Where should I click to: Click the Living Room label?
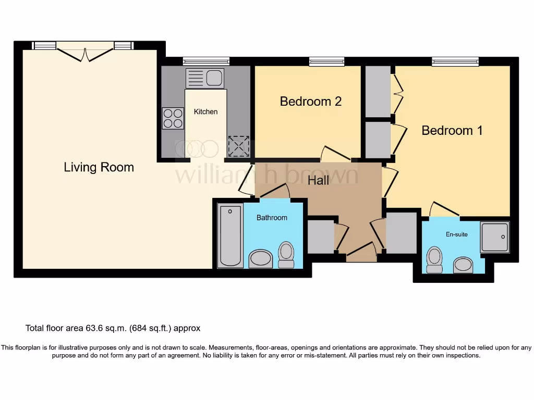(99, 167)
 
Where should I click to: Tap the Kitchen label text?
(205, 111)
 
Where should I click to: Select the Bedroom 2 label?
(310, 101)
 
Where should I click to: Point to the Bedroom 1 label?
(452, 130)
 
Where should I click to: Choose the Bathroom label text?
(271, 218)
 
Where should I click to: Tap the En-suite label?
(456, 234)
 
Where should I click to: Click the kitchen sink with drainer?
(205, 79)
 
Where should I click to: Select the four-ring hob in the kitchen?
(173, 118)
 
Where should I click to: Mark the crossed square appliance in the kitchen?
(238, 146)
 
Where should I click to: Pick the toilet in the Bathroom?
(286, 254)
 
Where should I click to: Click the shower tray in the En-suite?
(494, 237)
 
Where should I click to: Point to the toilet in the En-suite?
(434, 259)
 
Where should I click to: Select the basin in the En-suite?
(463, 265)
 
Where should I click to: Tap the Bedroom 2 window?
(326, 62)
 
